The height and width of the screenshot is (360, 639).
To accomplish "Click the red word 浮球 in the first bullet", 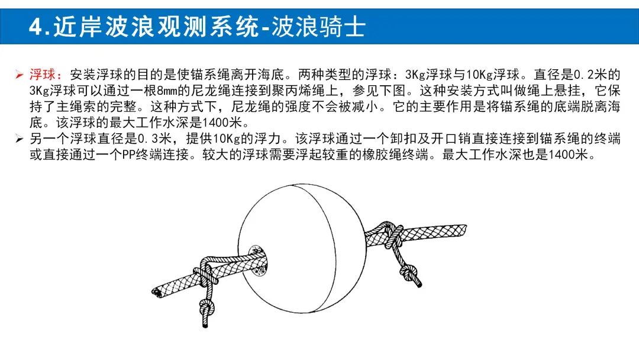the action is pyautogui.click(x=43, y=75).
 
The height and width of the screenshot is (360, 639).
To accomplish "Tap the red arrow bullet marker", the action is pyautogui.click(x=19, y=75).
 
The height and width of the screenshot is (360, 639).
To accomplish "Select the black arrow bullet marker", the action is pyautogui.click(x=19, y=139).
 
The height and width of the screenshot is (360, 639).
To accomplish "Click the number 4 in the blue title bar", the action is pyautogui.click(x=36, y=27).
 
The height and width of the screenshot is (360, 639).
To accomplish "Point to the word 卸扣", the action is pyautogui.click(x=403, y=139).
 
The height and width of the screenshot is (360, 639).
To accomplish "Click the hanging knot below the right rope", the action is pyautogui.click(x=409, y=272).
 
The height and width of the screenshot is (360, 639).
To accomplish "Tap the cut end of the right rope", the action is pyautogui.click(x=463, y=230).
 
